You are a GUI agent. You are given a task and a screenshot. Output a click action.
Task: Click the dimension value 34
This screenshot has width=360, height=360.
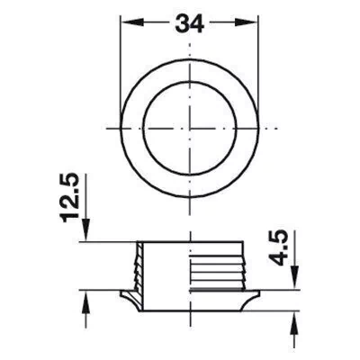tap(190, 23)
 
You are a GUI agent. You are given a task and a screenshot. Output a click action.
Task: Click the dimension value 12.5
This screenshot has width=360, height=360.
tap(70, 198)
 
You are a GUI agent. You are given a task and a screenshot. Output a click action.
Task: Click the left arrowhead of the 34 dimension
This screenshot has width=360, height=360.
tap(132, 22)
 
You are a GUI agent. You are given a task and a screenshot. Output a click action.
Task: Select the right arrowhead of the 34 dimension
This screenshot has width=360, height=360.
tap(246, 22)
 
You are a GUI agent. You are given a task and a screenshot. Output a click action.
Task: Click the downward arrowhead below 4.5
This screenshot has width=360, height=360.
tap(296, 278)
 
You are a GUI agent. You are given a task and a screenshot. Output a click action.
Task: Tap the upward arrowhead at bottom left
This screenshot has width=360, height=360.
tap(86, 301)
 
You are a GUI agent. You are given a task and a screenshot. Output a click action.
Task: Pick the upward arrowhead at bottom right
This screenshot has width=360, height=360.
tap(296, 322)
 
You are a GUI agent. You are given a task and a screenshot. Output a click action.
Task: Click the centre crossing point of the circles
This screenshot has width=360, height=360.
tap(190, 129)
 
